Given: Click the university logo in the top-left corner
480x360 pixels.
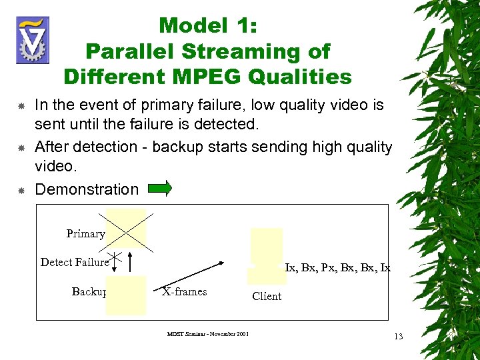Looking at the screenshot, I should click(x=33, y=40).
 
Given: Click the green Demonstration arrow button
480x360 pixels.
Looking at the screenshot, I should click(x=159, y=189).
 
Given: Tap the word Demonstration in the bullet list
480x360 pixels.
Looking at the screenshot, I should click(x=87, y=189).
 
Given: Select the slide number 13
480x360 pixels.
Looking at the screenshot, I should click(x=398, y=336).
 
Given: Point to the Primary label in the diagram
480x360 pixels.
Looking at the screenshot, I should click(x=85, y=233).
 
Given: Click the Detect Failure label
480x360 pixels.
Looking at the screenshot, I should click(x=74, y=262).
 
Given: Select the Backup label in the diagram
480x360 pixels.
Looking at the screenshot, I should click(x=89, y=291).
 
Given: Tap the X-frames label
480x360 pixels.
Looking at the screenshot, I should click(x=185, y=291).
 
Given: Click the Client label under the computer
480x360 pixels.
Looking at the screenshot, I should click(x=267, y=296).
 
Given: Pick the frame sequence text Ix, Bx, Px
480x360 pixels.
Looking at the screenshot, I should click(x=337, y=268).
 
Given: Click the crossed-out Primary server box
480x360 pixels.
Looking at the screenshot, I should click(x=125, y=228).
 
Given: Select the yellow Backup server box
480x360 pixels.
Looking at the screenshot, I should click(x=125, y=295).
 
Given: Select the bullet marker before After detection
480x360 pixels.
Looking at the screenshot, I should click(x=21, y=147).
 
